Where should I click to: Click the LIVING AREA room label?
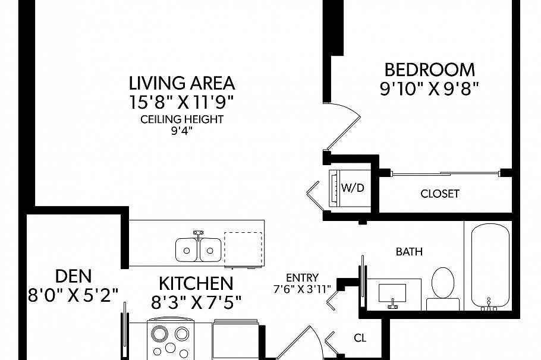(x=182, y=83)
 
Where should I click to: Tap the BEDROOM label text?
(x=430, y=70)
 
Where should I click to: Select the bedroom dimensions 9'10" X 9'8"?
(x=430, y=89)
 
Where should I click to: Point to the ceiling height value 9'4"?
(x=181, y=131)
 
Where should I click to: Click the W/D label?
(x=353, y=188)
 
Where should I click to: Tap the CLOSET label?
(x=440, y=194)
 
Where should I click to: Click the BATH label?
(x=409, y=252)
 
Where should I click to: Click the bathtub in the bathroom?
(x=490, y=266)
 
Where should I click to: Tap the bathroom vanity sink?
(x=392, y=293)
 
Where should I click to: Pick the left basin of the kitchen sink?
(x=186, y=250)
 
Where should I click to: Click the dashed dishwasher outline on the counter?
(x=243, y=249)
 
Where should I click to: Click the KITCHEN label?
(x=196, y=284)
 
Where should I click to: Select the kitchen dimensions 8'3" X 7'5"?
(x=196, y=303)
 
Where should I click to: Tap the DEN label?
(x=74, y=276)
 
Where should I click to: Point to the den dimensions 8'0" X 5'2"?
(x=73, y=295)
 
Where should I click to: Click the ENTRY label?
(x=302, y=277)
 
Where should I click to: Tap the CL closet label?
(x=360, y=338)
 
